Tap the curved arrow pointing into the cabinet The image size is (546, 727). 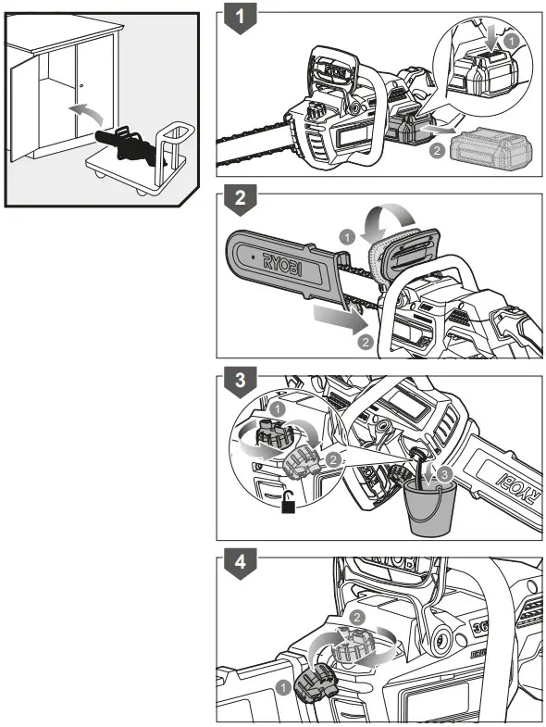[x=85, y=117]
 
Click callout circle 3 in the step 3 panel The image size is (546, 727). [x=446, y=474]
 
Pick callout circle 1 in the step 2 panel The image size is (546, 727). [x=346, y=238]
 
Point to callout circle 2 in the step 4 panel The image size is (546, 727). [x=357, y=616]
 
